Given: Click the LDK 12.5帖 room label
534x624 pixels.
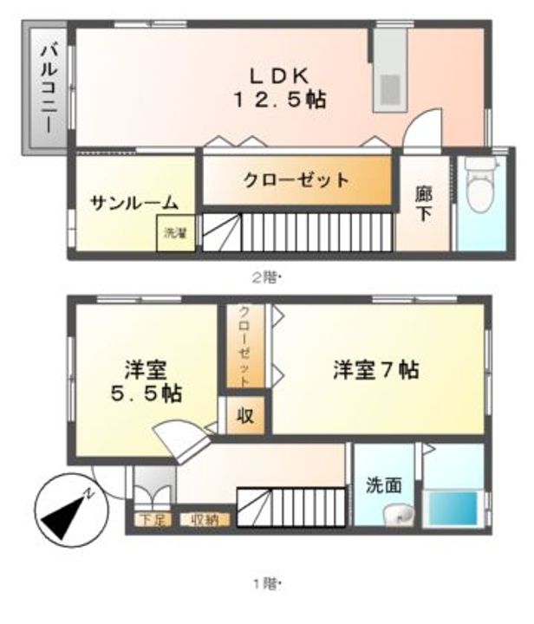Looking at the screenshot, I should click(x=277, y=86).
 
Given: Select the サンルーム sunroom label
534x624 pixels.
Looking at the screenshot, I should click(x=134, y=204).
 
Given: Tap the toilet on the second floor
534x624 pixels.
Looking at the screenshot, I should click(x=479, y=187).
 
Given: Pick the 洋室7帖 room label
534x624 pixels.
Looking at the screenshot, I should click(x=376, y=370).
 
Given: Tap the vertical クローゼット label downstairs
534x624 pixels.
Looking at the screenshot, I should click(x=244, y=347).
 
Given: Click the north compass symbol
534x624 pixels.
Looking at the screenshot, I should click(x=67, y=511).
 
